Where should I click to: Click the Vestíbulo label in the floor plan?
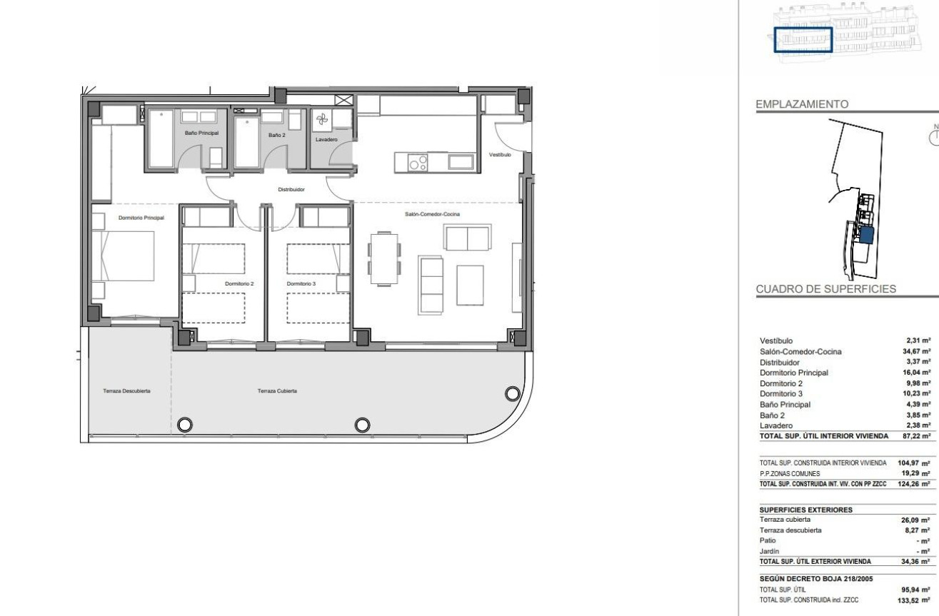click(x=500, y=154)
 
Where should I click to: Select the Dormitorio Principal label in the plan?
click(x=141, y=218)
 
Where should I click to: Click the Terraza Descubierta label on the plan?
click(x=127, y=391)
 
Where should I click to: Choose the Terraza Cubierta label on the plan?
click(x=277, y=391)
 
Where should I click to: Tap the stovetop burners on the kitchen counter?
click(x=418, y=163)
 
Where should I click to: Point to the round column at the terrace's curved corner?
click(x=511, y=393)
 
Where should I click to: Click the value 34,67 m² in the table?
click(x=917, y=351)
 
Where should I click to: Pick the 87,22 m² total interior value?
click(x=917, y=435)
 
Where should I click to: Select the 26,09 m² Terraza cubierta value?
click(x=917, y=500)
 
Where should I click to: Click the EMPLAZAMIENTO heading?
click(x=802, y=104)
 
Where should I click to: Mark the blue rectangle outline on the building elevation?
click(x=803, y=40)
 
